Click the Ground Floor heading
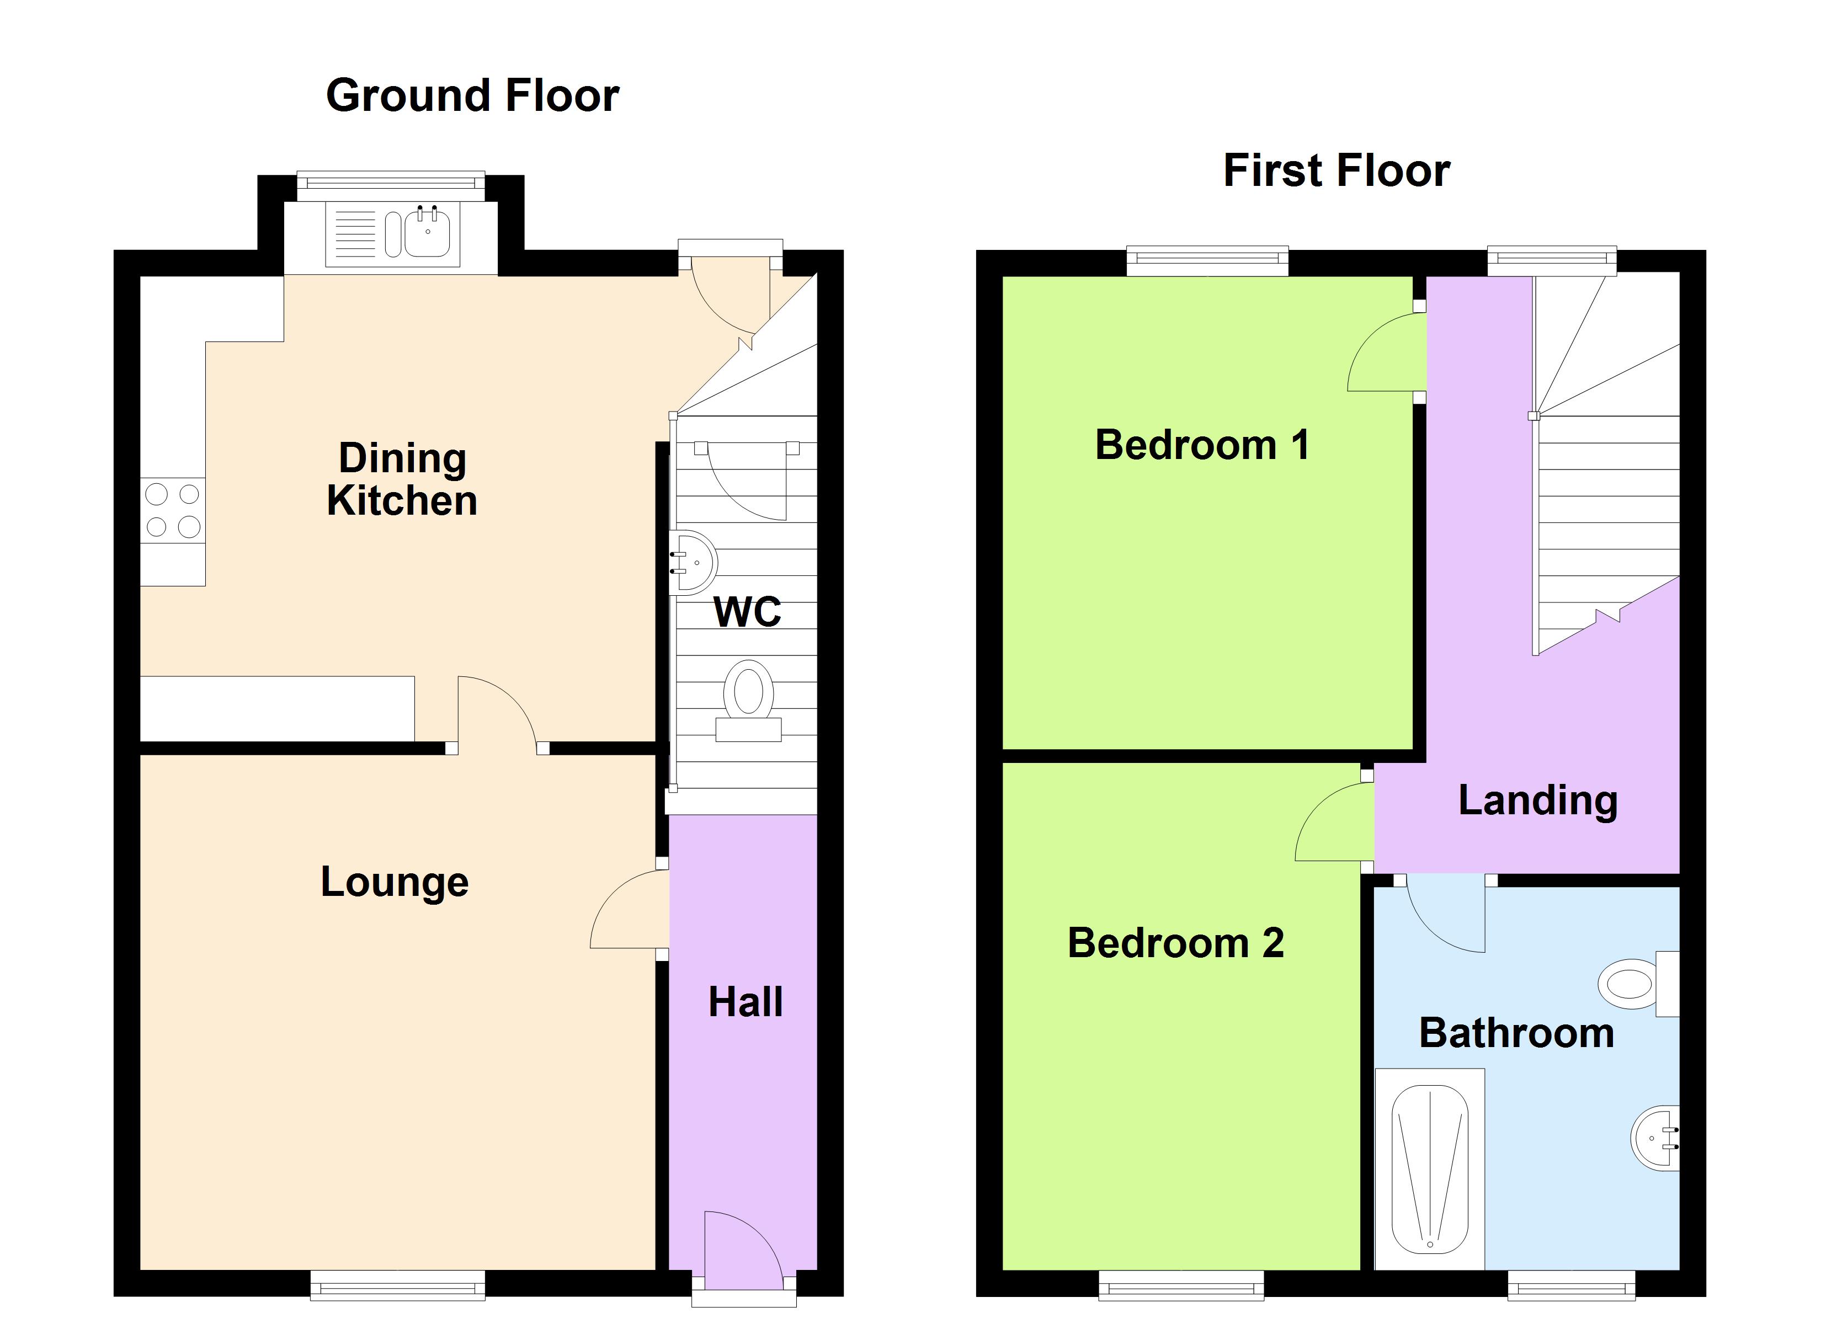(472, 95)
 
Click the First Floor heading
(1336, 170)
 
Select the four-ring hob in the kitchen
(173, 510)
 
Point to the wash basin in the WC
(694, 562)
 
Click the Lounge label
(394, 882)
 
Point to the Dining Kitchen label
(402, 479)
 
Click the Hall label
(745, 1002)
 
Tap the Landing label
(1537, 800)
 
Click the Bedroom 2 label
(1175, 943)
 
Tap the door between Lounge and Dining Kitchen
(496, 712)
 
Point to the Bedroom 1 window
(1207, 261)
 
